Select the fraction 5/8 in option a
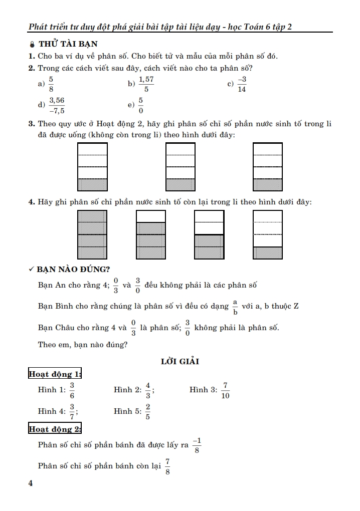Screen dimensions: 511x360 [51, 84]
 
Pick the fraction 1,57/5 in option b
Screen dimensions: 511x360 [146, 84]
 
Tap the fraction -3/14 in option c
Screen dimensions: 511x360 [242, 84]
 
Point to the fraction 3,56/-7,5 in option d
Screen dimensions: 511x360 [57, 105]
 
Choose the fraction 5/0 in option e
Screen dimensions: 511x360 [141, 105]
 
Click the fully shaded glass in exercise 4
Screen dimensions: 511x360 [93, 234]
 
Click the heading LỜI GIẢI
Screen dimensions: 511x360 [179, 361]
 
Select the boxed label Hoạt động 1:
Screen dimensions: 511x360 [55, 374]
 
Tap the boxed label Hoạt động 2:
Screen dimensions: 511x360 [55, 429]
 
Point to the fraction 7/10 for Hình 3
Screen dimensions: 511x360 [225, 390]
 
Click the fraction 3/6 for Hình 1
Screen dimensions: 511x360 [72, 390]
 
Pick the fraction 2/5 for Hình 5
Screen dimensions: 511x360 [148, 412]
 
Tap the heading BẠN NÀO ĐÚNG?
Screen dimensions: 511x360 [73, 270]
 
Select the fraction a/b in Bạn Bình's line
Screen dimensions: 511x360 [235, 306]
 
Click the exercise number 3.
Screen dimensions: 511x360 [31, 124]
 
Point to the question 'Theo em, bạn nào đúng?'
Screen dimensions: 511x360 [83, 345]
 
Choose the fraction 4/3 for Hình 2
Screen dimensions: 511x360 [148, 390]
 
